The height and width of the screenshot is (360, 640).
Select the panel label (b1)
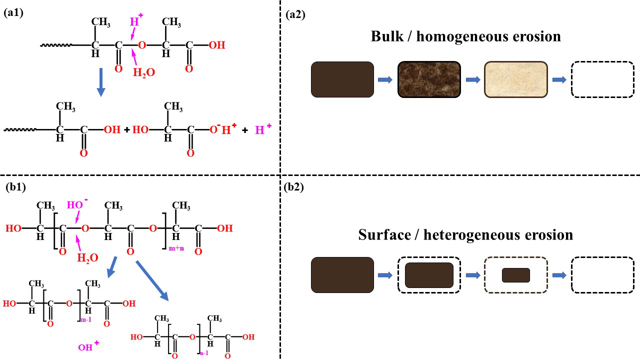coord(14,188)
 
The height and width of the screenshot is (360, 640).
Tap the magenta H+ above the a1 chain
coord(135,22)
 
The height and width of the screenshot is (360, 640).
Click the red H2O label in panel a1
coord(143,72)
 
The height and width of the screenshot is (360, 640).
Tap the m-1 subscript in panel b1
coord(85,319)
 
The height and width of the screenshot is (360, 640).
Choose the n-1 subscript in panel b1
coord(204,353)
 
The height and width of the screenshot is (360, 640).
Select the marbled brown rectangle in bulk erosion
coord(429,79)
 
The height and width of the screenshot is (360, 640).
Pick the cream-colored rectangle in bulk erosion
coord(515,79)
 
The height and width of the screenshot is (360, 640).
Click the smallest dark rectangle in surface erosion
coord(515,275)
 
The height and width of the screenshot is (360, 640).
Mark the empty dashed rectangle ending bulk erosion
coord(602,79)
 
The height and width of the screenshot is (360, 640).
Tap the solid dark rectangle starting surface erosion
coord(342,275)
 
